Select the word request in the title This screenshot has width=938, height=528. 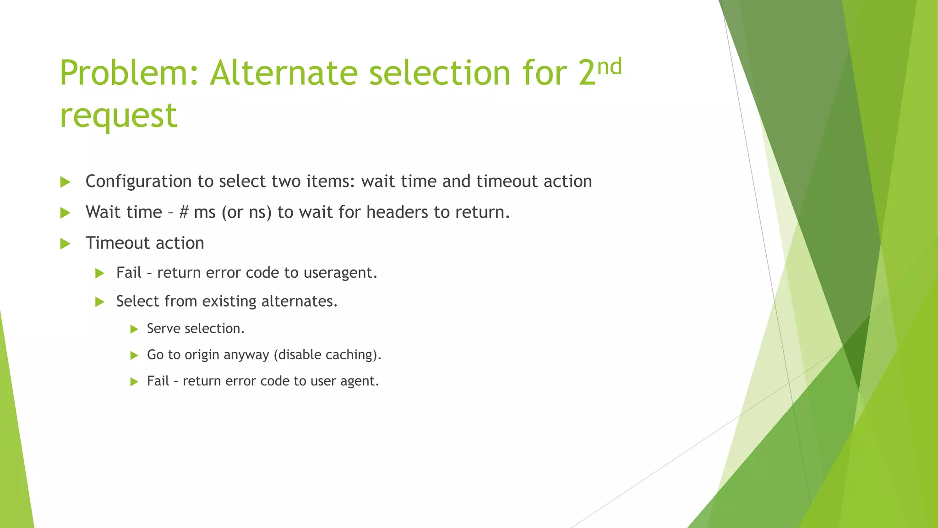tap(118, 115)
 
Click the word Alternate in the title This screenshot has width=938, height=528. tap(284, 73)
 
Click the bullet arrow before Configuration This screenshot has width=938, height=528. tap(65, 182)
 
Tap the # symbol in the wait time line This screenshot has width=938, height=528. tap(184, 212)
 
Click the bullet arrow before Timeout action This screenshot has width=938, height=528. tap(65, 244)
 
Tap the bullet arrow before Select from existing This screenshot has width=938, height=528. tap(100, 302)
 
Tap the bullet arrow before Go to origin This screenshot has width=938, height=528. tap(134, 356)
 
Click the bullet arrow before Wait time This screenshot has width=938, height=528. tap(65, 213)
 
